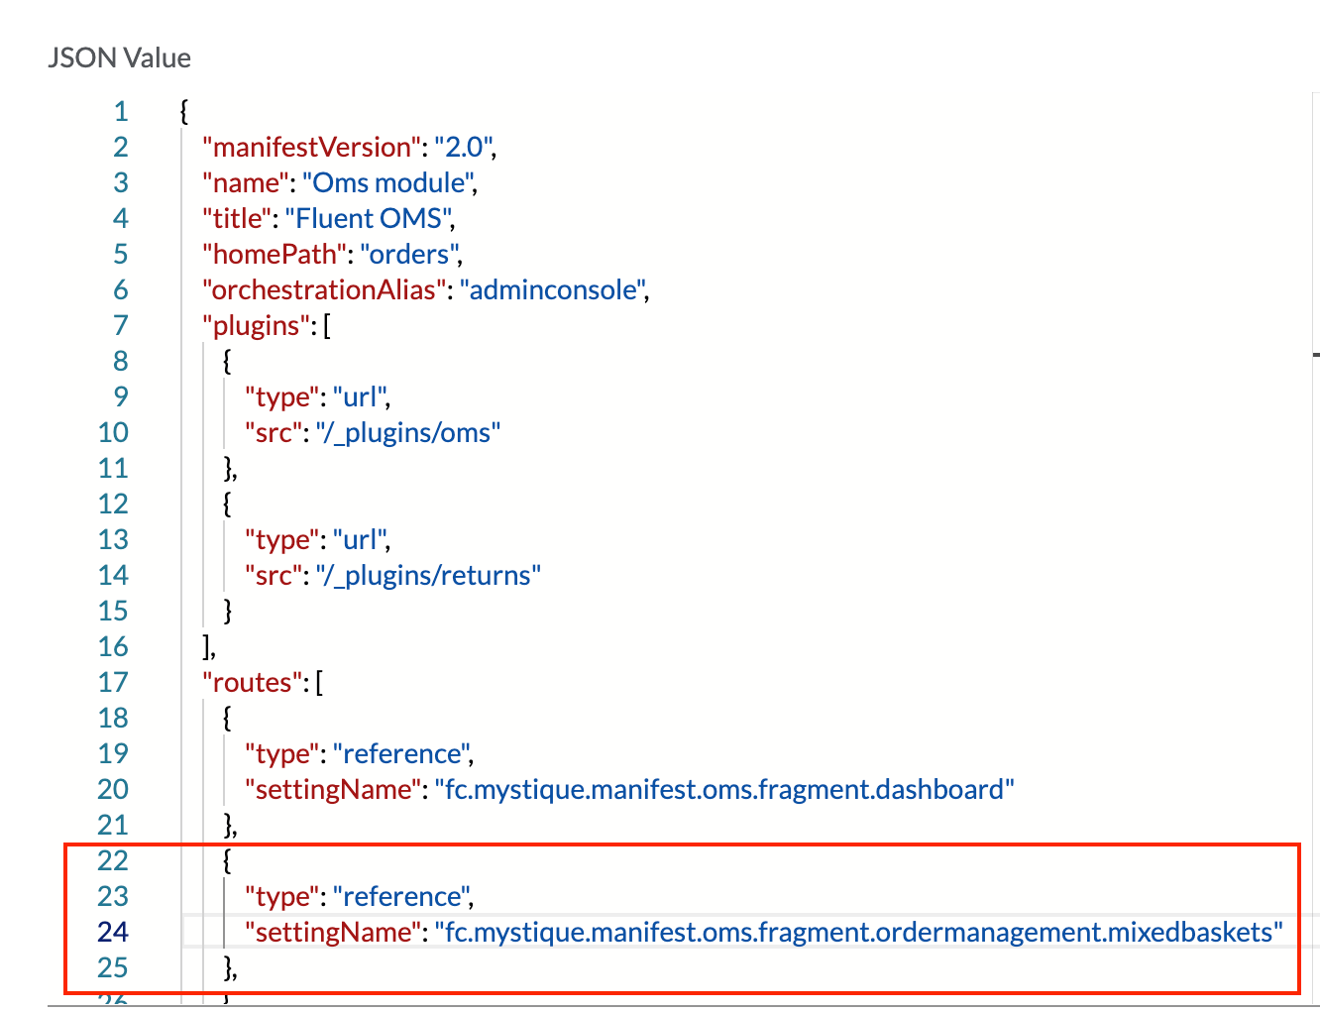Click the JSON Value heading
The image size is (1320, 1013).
[x=119, y=57]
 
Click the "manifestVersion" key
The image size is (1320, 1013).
[x=311, y=147]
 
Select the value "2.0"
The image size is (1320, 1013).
[x=463, y=147]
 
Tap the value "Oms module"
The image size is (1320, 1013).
[x=388, y=182]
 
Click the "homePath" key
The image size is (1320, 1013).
[x=274, y=254]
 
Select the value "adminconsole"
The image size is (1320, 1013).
[x=553, y=289]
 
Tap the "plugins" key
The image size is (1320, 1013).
[x=257, y=325]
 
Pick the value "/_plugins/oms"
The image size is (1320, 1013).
[x=408, y=432]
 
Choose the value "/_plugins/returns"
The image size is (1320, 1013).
[x=428, y=575]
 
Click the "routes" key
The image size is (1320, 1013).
[x=252, y=682]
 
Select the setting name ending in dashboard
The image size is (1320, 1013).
[x=724, y=789]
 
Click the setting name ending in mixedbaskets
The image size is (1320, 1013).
[x=859, y=932]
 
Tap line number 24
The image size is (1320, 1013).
[x=113, y=932]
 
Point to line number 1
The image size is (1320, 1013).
[x=121, y=111]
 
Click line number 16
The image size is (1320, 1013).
[x=113, y=646]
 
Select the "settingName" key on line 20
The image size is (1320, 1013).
[x=333, y=789]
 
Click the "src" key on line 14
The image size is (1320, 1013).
[x=275, y=575]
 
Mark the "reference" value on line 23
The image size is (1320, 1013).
[x=401, y=896]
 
